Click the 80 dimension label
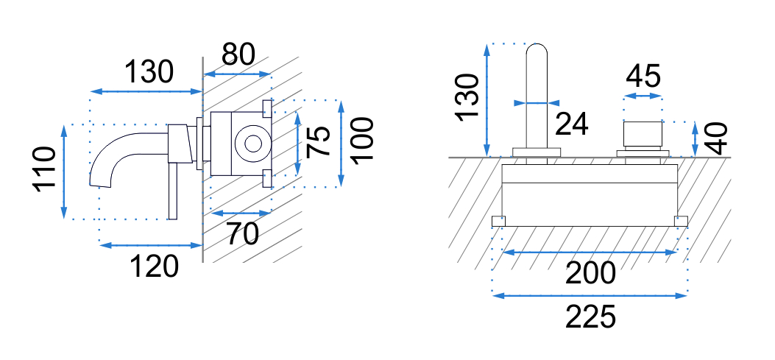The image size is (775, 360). tap(238, 54)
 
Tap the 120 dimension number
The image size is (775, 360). tap(155, 266)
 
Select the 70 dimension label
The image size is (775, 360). tap(242, 233)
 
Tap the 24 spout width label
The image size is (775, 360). tap(572, 124)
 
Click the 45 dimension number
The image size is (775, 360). tap(643, 76)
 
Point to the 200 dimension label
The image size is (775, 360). tap(590, 274)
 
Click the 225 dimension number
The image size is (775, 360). tap(590, 318)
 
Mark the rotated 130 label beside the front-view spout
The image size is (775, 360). tap(466, 99)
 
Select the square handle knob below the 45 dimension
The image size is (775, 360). tap(643, 135)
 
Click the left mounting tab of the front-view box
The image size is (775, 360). tap(498, 221)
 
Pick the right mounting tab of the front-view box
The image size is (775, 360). tap(681, 221)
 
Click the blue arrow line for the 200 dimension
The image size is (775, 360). tap(590, 253)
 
